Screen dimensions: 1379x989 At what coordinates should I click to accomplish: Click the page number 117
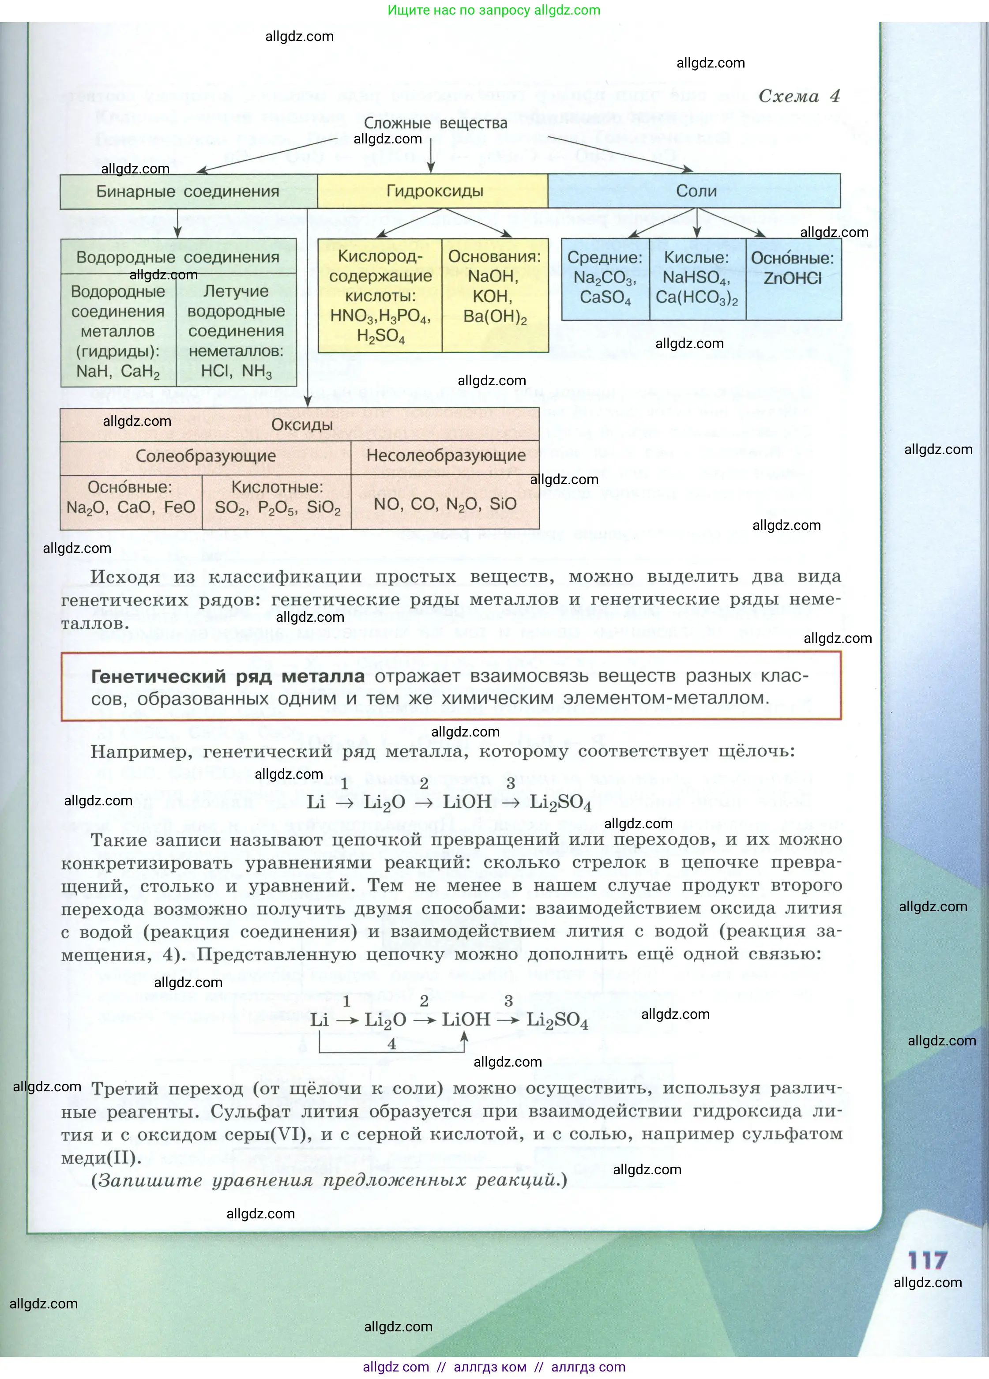(927, 1260)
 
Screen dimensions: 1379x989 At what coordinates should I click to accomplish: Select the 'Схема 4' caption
(799, 96)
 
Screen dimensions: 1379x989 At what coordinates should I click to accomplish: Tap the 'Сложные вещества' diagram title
(436, 123)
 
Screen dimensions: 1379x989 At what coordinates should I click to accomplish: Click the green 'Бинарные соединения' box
(188, 192)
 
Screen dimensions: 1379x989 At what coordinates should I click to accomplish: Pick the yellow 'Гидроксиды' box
(435, 191)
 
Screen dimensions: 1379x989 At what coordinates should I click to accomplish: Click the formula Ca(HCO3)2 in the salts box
(696, 298)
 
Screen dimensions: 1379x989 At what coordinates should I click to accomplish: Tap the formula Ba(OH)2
(494, 317)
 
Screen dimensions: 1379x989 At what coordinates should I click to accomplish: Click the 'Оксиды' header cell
(302, 425)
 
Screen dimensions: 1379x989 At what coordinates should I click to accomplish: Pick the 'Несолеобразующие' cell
(446, 456)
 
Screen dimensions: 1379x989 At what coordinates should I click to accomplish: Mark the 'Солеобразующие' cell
(206, 456)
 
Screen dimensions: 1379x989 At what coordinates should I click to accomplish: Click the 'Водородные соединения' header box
(177, 257)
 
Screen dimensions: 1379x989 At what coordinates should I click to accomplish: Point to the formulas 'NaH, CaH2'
(118, 371)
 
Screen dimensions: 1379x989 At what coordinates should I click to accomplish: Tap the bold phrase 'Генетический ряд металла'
(227, 676)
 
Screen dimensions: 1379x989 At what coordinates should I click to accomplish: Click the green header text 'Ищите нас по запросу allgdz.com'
(494, 10)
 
